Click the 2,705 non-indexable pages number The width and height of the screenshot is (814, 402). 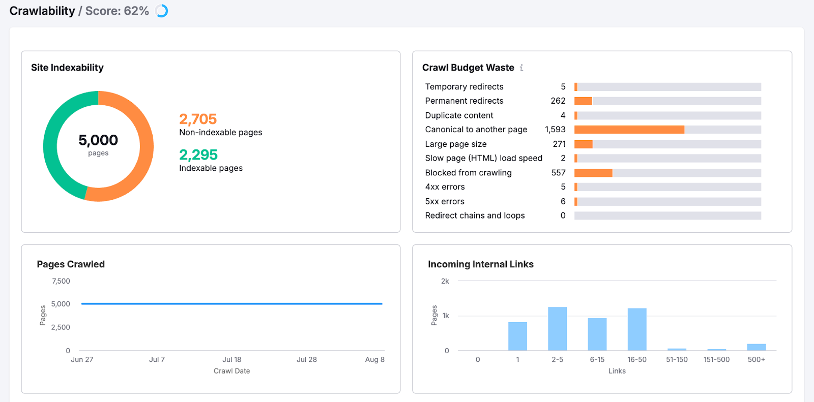pyautogui.click(x=198, y=119)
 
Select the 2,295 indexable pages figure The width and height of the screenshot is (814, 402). pyautogui.click(x=198, y=154)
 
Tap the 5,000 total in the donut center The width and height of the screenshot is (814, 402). pyautogui.click(x=98, y=140)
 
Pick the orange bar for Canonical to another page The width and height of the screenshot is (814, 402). pyautogui.click(x=629, y=130)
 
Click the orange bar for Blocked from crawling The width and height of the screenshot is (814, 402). pyautogui.click(x=593, y=173)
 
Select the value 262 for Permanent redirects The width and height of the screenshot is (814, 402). pyautogui.click(x=558, y=101)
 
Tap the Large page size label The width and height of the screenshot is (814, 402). pyautogui.click(x=456, y=144)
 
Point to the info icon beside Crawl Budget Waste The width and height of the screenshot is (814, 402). pyautogui.click(x=521, y=68)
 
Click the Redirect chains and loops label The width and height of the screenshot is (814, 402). pyautogui.click(x=475, y=215)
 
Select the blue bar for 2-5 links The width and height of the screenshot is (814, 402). pyautogui.click(x=557, y=328)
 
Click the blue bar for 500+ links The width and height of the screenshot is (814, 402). pyautogui.click(x=756, y=347)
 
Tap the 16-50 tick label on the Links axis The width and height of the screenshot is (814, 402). pyautogui.click(x=637, y=359)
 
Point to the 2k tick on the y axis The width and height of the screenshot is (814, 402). pyautogui.click(x=445, y=281)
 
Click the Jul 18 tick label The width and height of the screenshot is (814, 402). pyautogui.click(x=232, y=359)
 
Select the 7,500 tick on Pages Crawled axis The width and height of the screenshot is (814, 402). pyautogui.click(x=61, y=281)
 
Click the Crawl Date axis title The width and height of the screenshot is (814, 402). pyautogui.click(x=231, y=371)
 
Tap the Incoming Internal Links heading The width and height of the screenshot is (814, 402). pyautogui.click(x=480, y=264)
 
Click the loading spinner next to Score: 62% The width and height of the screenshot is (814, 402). pyautogui.click(x=162, y=11)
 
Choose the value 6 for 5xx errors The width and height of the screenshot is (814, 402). pyautogui.click(x=563, y=201)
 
